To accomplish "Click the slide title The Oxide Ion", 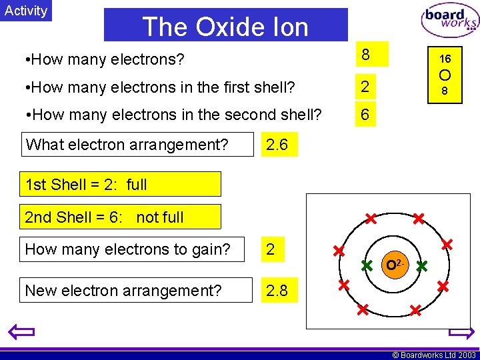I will pos(225,27).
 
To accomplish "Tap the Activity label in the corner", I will pos(26,11).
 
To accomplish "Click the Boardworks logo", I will pos(449,21).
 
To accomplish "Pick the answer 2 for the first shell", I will pos(365,86).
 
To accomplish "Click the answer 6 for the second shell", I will pos(365,115).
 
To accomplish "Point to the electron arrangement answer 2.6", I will pos(277,144).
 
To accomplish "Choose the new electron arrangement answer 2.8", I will pos(277,291).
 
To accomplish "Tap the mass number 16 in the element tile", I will pos(445,59).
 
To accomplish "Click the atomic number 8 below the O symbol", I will pos(445,91).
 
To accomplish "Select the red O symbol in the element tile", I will pos(445,75).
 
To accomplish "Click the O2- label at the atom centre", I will pos(394,265).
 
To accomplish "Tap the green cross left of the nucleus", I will pos(366,265).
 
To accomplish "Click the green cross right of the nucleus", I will pos(421,265).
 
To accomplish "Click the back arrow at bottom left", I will pos(21,331).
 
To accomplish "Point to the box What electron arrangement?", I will pos(127,144).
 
